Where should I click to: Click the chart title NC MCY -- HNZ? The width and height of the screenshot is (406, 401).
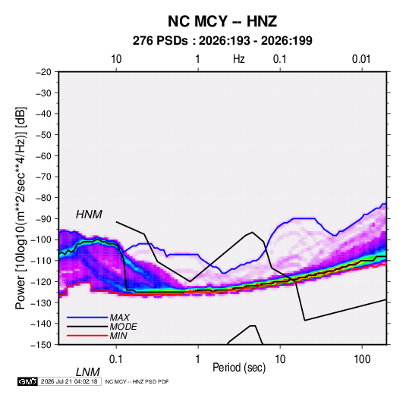(222, 21)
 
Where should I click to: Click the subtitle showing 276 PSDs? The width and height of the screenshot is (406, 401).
(222, 41)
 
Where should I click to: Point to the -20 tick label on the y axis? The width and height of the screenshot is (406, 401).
(43, 72)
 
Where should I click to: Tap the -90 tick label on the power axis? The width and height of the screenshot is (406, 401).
(43, 218)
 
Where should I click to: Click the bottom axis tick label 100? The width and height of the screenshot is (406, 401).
(362, 359)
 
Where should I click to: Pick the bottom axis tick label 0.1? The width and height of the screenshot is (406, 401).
(116, 359)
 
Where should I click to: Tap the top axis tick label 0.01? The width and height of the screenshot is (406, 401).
(361, 59)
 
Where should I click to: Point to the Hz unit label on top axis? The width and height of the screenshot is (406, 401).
(239, 59)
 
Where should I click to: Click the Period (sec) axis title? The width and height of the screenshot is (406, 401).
(239, 368)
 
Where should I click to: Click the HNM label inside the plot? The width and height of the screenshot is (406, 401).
(89, 215)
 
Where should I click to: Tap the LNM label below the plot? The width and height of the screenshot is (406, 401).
(87, 372)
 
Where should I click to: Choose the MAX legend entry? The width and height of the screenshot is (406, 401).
(119, 317)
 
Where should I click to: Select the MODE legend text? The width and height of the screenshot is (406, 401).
(123, 327)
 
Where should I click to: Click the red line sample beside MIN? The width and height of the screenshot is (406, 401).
(87, 336)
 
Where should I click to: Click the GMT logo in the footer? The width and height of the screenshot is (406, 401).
(28, 381)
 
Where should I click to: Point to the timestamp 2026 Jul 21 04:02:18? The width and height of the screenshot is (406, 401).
(69, 381)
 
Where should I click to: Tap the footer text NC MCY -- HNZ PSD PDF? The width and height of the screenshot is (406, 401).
(137, 381)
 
